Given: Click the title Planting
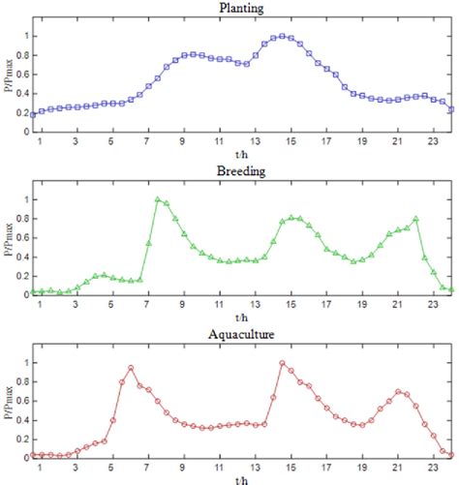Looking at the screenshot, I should [242, 9].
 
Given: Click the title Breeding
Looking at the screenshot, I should [242, 171].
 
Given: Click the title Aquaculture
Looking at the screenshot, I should [242, 334].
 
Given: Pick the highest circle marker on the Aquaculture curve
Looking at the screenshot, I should [282, 363].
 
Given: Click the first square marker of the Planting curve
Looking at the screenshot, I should [33, 114].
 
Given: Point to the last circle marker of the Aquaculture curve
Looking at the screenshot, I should [451, 454].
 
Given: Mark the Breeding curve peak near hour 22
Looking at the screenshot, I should [415, 219].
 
